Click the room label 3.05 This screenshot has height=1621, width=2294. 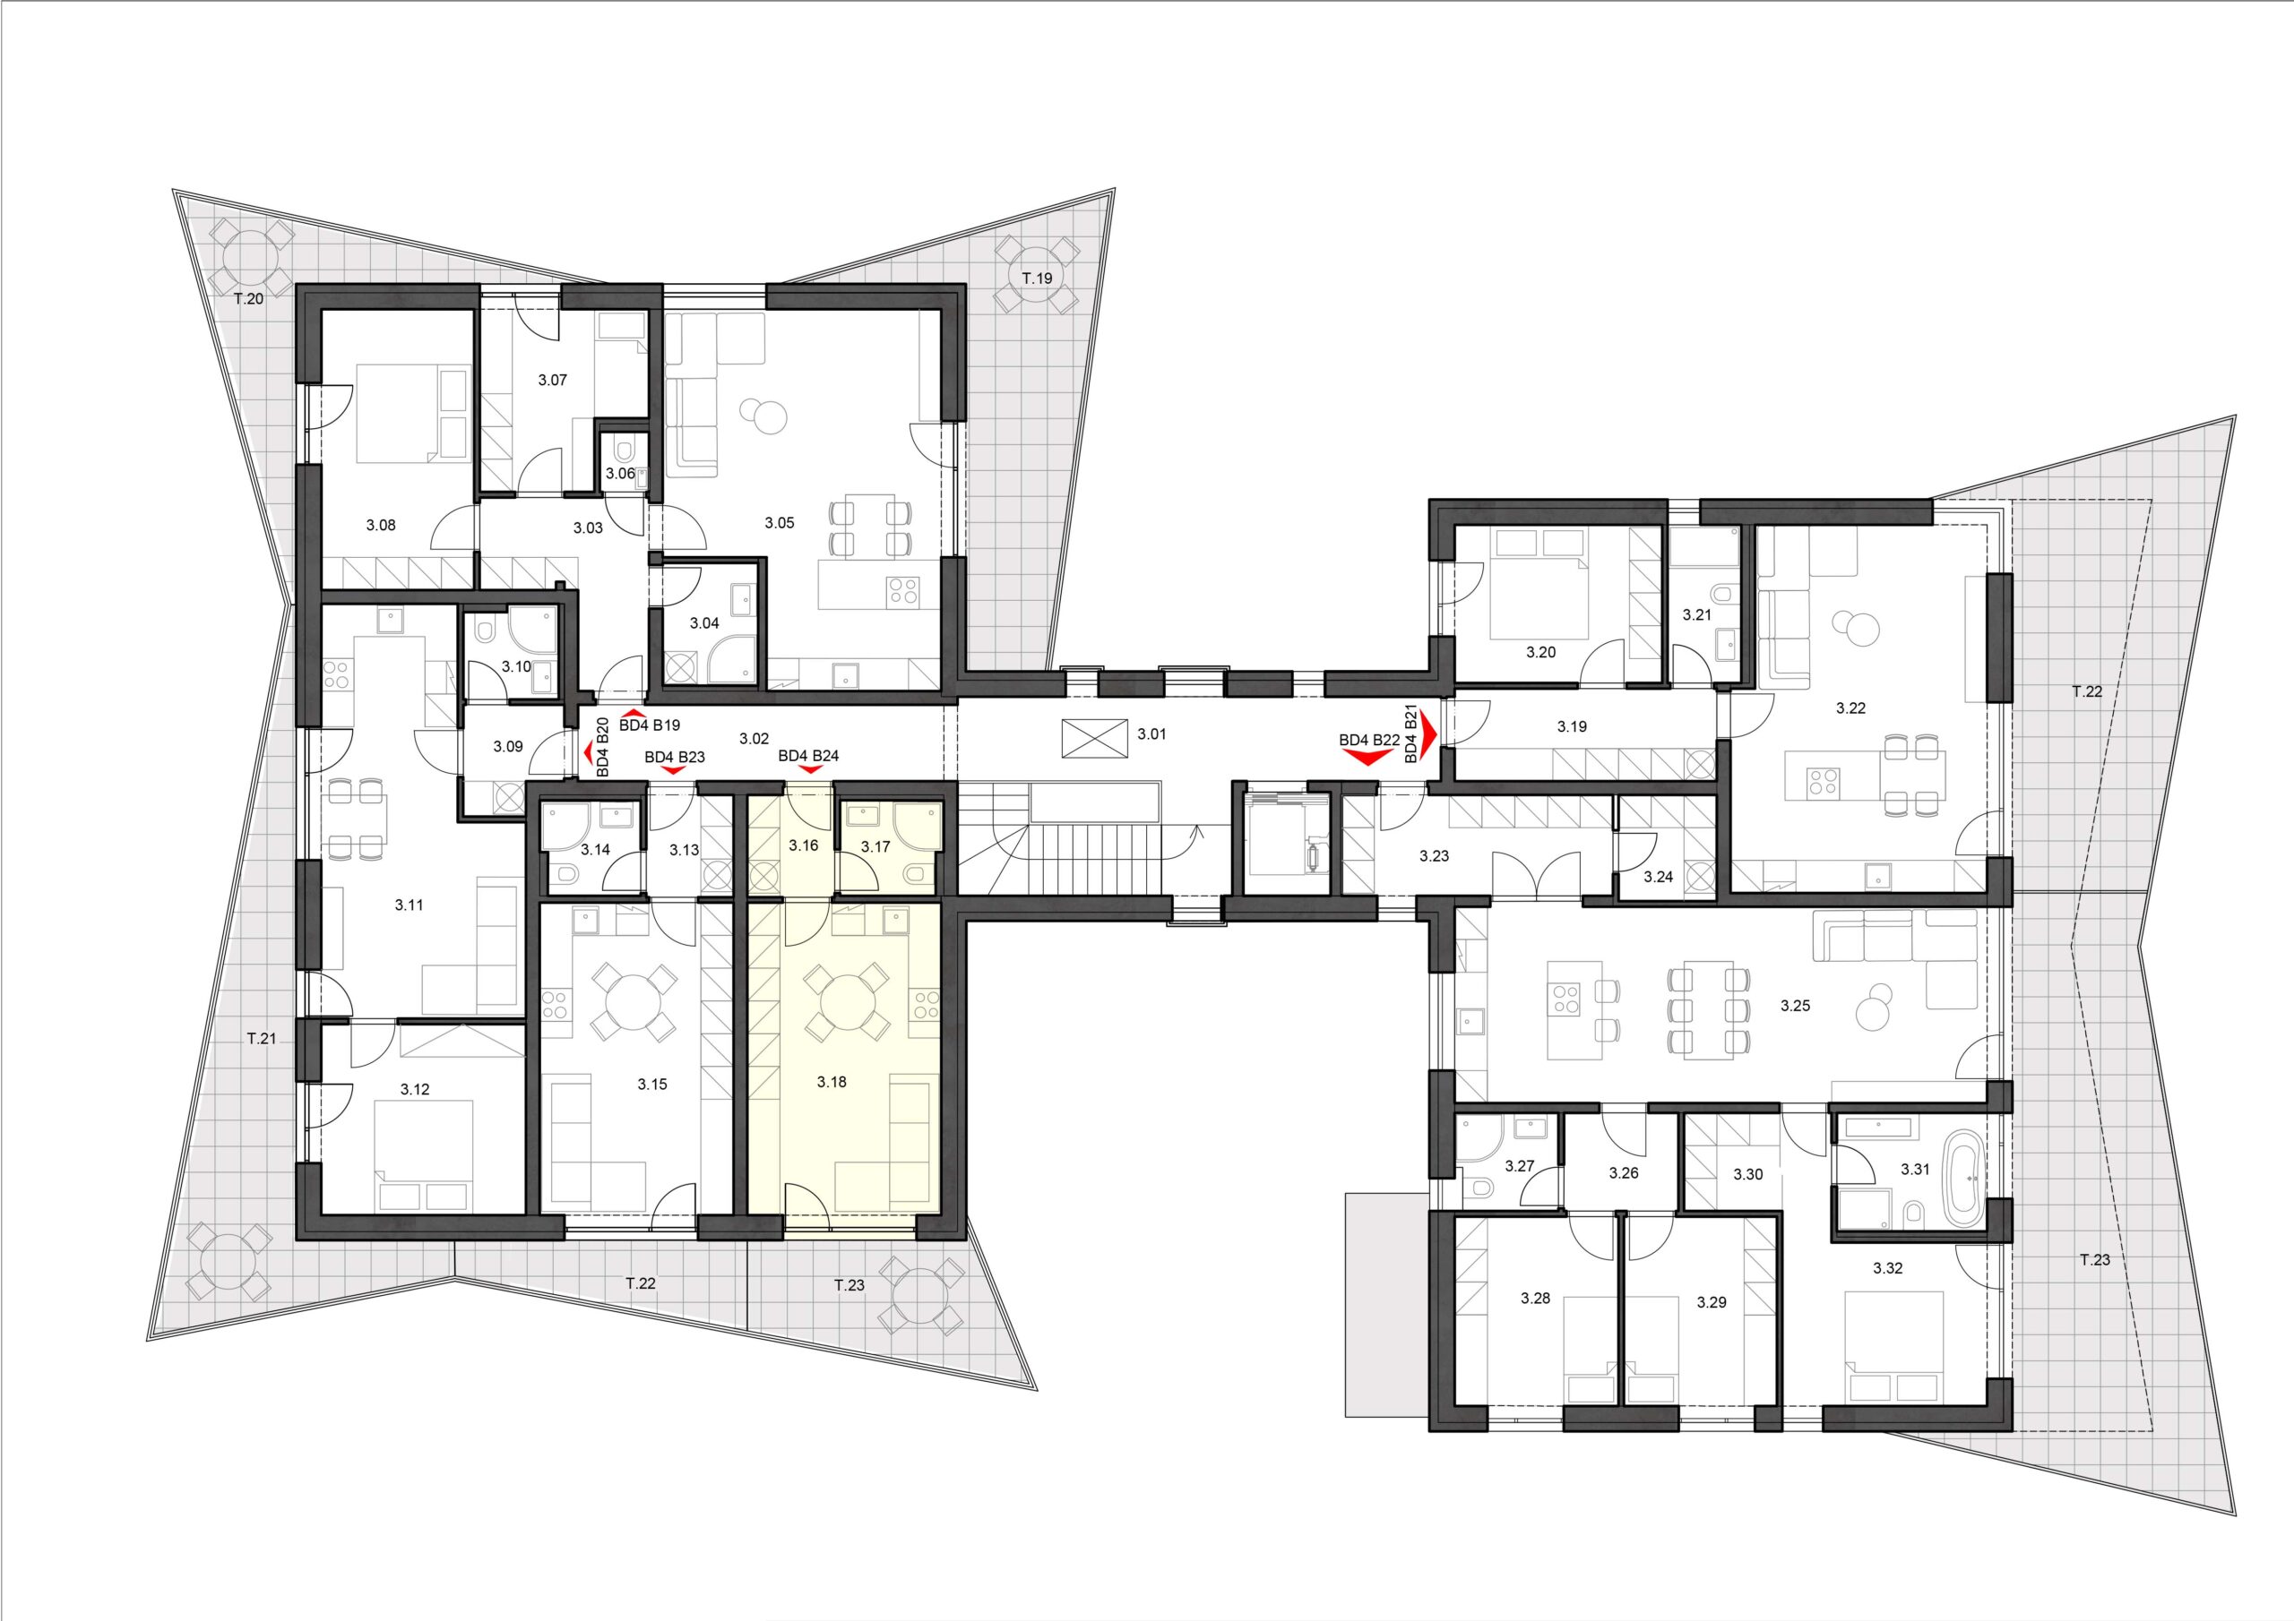(780, 522)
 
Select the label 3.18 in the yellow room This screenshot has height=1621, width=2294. (832, 1082)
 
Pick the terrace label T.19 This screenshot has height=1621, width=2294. (1036, 279)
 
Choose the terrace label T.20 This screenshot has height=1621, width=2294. (248, 297)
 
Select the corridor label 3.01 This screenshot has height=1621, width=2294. (1152, 734)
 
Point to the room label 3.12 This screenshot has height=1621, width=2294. (415, 1090)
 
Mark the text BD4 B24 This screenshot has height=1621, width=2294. (808, 756)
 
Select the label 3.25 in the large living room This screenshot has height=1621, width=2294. (1796, 1006)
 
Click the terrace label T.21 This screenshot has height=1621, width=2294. (261, 1039)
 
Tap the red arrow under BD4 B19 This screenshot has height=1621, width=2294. (634, 711)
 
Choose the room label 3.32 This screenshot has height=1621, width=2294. (1887, 1268)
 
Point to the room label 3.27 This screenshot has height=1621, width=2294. (1520, 1165)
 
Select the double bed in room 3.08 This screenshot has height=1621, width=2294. (399, 415)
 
